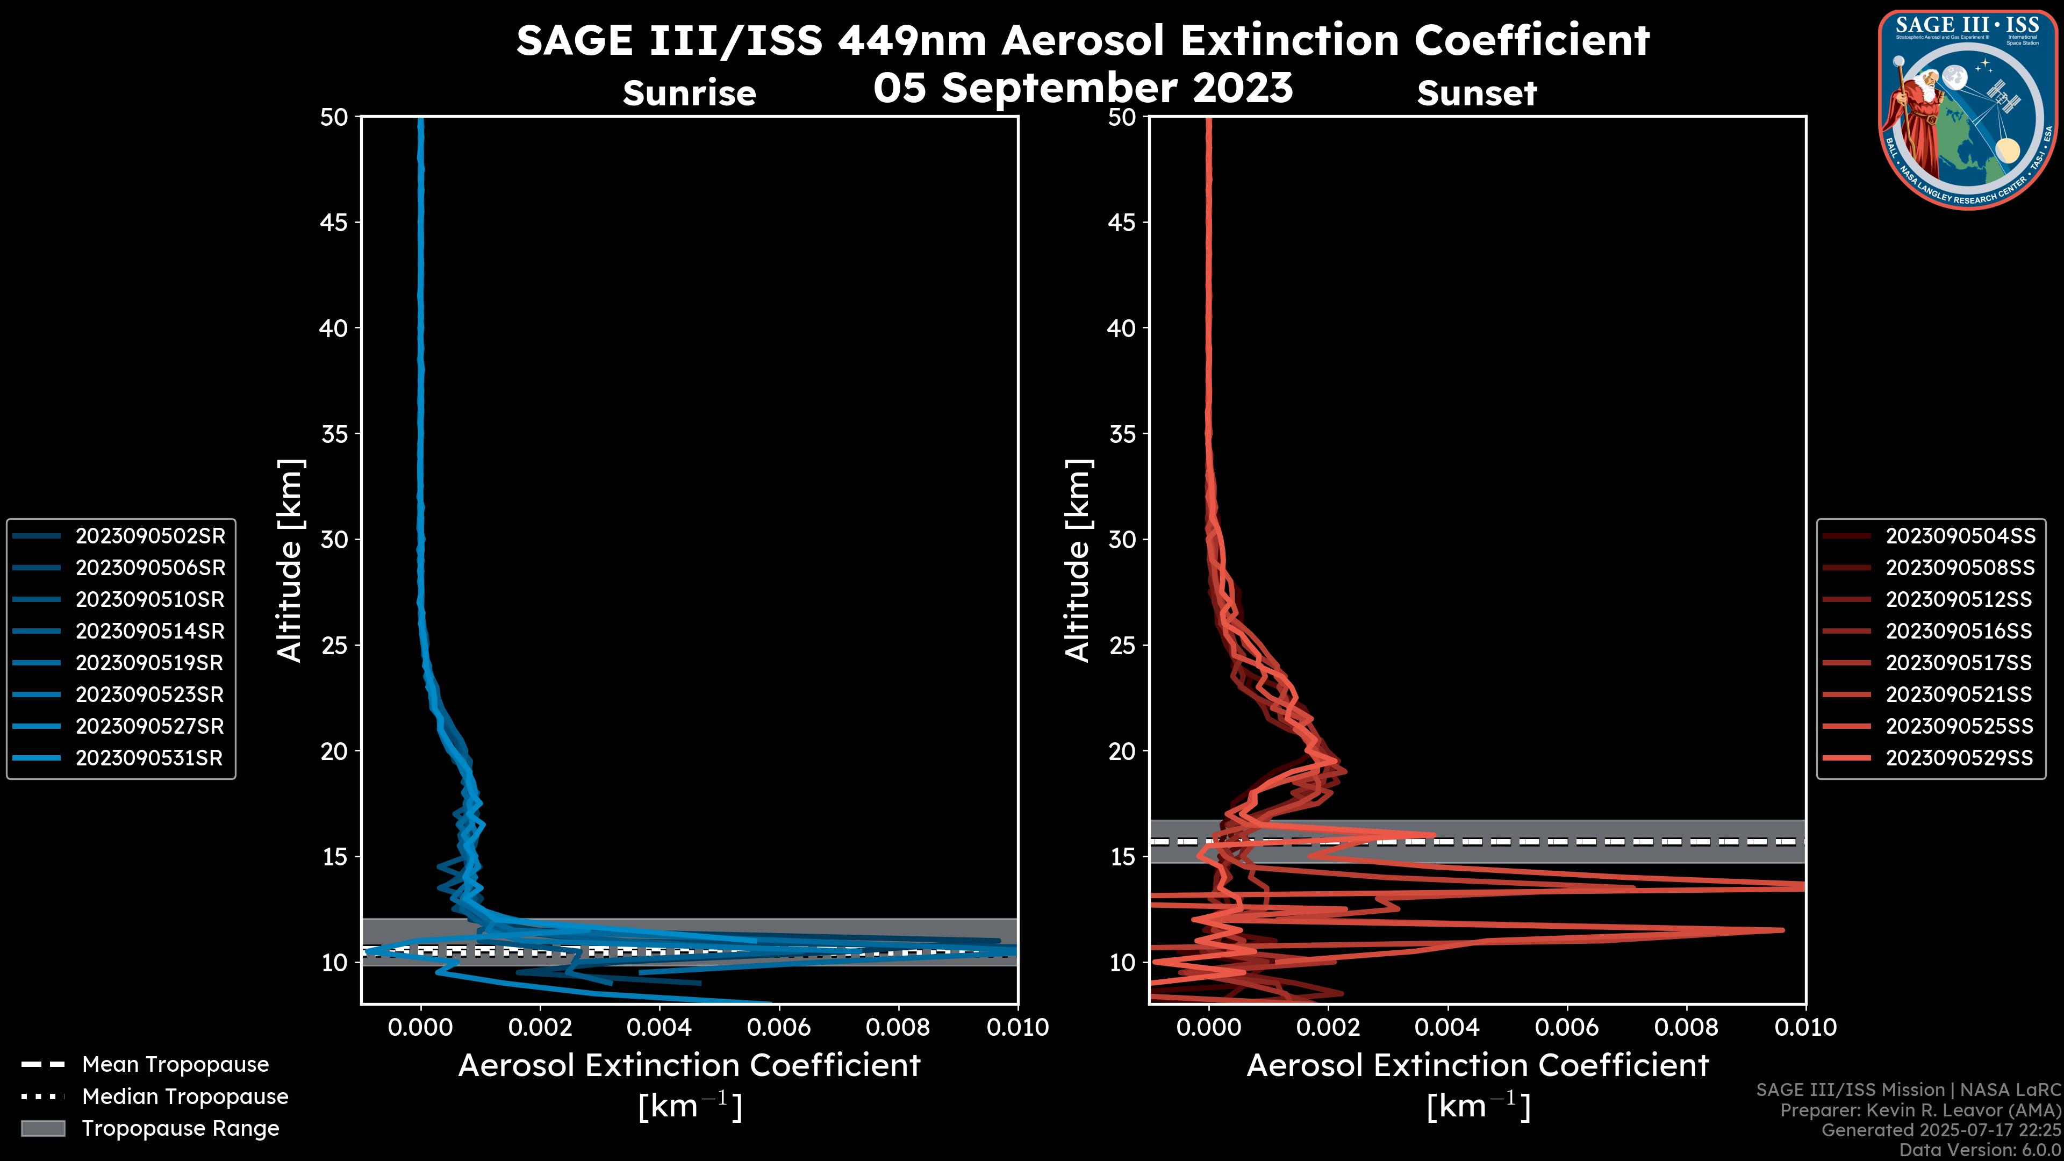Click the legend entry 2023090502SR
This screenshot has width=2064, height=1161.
pos(150,536)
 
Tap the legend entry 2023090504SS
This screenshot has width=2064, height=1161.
pos(1960,536)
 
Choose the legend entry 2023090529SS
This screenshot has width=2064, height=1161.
pos(1959,758)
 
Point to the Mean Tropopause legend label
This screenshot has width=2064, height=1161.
pos(175,1064)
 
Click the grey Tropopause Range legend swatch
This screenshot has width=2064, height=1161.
pos(42,1128)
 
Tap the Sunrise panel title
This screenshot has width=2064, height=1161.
pos(689,94)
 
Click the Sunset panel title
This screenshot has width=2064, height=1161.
pos(1477,94)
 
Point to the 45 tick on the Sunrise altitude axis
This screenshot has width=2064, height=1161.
pos(334,222)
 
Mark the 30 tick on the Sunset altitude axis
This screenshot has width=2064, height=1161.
pos(1122,539)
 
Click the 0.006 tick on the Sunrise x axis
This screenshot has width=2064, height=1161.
pos(779,1027)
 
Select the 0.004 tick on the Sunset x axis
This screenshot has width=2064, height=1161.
pos(1447,1027)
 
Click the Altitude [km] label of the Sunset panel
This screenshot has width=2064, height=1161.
pos(1078,560)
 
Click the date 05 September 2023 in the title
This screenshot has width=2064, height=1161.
pos(1083,87)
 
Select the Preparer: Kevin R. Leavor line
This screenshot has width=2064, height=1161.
pos(1920,1110)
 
